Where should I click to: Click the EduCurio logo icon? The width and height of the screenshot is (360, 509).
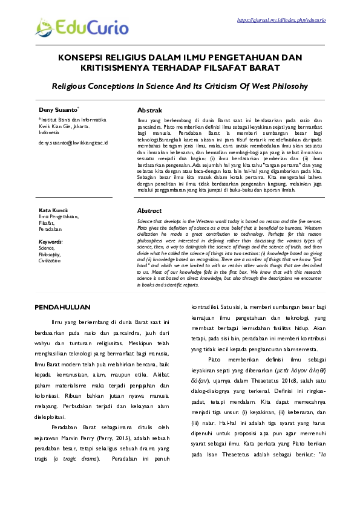coord(44,26)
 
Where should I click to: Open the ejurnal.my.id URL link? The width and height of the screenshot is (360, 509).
coord(281,20)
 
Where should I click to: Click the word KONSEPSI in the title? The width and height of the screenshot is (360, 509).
coord(82,57)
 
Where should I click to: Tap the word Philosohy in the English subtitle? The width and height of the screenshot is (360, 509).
coord(284,86)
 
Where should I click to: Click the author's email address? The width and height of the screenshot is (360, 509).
coord(73,143)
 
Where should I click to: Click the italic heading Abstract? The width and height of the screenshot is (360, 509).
coord(149,210)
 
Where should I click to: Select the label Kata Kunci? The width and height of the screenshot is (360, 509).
coord(52,210)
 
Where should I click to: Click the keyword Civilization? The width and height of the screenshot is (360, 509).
coord(50,260)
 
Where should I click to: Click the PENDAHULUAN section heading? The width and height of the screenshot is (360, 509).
coord(62,307)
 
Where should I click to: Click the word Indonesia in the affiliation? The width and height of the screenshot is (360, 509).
coord(49,132)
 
